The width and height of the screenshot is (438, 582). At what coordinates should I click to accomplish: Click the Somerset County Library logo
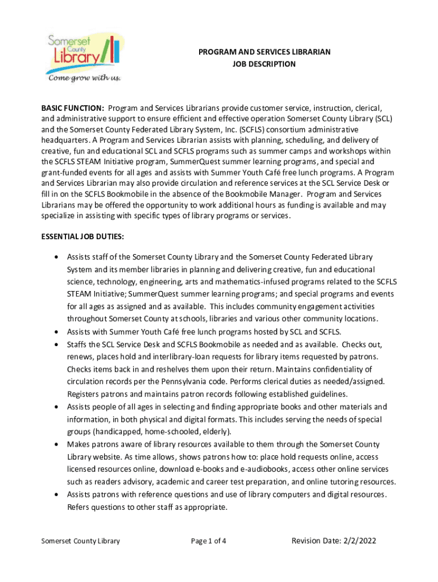[83, 51]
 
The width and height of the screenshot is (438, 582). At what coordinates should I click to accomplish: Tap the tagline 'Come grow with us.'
[84, 78]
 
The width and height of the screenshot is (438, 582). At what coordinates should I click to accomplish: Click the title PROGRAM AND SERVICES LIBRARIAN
[264, 52]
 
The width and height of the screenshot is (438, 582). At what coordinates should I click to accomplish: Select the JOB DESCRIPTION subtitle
[264, 64]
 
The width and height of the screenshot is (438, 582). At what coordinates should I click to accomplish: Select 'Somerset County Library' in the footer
[80, 541]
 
